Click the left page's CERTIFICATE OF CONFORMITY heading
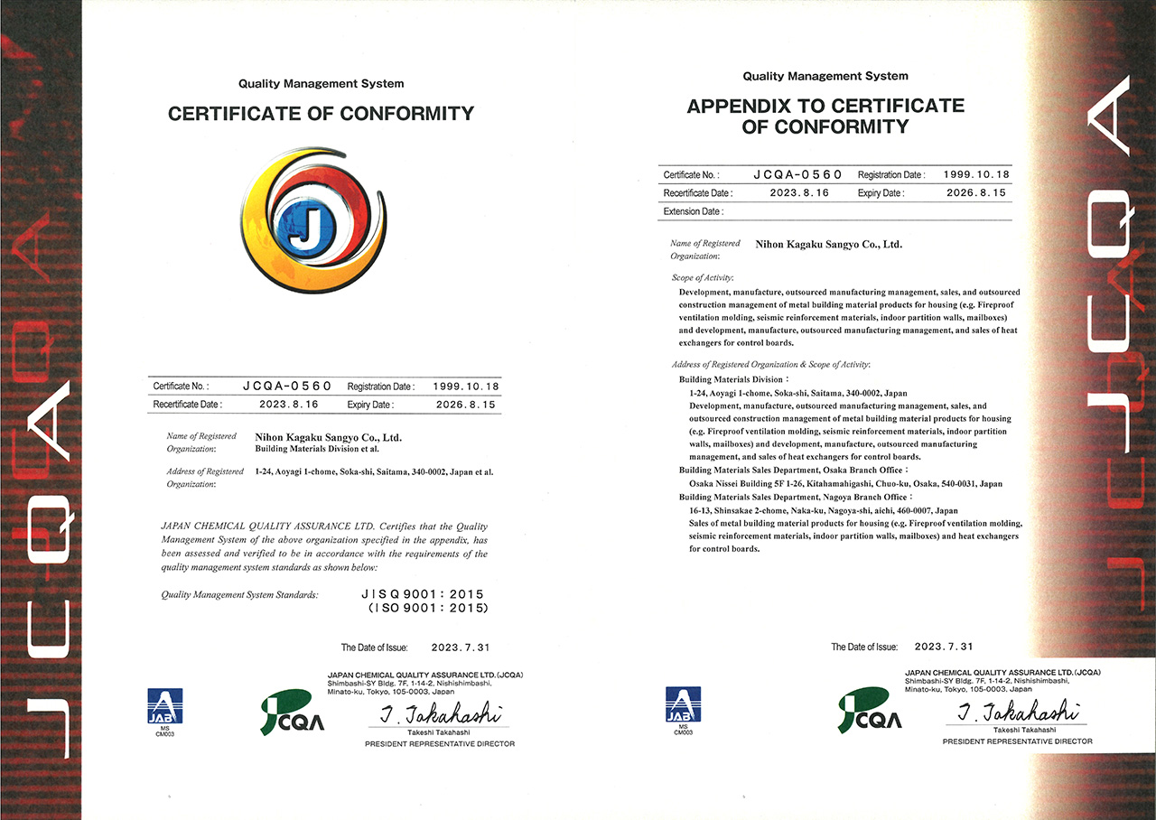point(321,114)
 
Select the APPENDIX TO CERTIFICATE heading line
point(825,107)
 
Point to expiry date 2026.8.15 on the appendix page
point(975,192)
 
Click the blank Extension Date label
point(693,211)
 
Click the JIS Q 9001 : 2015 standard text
point(422,594)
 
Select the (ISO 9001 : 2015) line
point(427,608)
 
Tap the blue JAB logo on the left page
point(165,705)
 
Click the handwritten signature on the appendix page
point(1015,711)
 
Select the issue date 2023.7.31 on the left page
point(460,648)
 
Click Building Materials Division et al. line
point(317,449)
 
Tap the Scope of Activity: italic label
point(703,277)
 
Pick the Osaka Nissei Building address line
point(844,484)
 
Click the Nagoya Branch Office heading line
point(794,497)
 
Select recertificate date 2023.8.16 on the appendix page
point(798,192)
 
